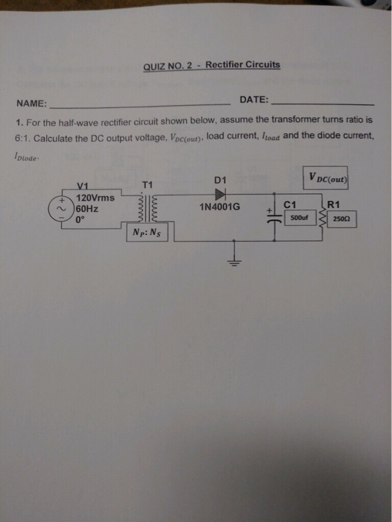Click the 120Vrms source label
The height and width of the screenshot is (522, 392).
(95, 198)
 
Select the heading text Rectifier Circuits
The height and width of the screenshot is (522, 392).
(242, 65)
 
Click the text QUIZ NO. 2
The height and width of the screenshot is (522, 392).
(168, 66)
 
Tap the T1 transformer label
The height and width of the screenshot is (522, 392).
(146, 184)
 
